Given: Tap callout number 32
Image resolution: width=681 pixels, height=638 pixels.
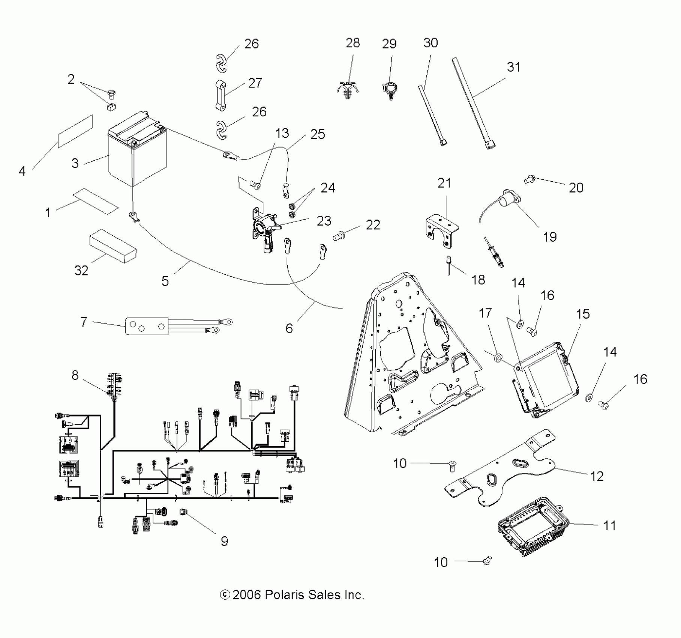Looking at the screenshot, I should tap(81, 271).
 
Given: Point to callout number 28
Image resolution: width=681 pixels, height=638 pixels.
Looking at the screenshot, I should tap(353, 43).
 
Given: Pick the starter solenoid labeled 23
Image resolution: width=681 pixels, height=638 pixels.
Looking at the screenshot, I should tap(265, 229).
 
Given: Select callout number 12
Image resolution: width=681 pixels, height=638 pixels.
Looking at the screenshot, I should tap(597, 476).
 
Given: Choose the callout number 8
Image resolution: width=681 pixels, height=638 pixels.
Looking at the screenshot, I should tap(75, 375).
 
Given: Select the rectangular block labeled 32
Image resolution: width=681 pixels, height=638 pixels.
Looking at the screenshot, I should tap(112, 246).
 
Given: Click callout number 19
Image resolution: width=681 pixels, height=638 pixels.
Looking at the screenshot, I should tap(550, 237).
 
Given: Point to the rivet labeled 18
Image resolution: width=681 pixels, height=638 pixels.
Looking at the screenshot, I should tap(448, 265).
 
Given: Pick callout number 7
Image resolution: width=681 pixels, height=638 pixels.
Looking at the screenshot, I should tap(84, 322).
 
